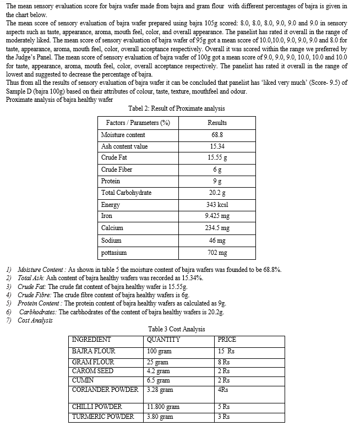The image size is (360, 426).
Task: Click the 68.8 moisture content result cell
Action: tap(217, 135)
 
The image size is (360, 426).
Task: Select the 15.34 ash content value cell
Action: tap(217, 146)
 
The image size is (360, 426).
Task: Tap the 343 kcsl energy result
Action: tap(217, 205)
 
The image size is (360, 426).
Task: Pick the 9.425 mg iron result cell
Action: tap(217, 216)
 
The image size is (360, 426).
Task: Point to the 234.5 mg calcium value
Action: tap(217, 228)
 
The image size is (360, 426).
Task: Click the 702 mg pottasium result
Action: tap(217, 253)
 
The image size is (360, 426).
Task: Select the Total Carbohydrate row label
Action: tap(126, 193)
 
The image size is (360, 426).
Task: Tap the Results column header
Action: tap(217, 123)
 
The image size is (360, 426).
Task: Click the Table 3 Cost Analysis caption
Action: tap(176, 329)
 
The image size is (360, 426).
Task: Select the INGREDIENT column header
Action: tap(91, 340)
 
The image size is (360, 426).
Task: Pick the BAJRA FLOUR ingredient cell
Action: tap(94, 351)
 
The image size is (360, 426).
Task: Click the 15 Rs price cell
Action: tap(226, 351)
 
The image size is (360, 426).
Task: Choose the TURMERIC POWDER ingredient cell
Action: tap(103, 417)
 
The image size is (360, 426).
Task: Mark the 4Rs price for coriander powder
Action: tap(223, 390)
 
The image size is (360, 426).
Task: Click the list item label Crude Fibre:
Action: tap(32, 295)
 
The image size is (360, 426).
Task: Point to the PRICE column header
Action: tap(227, 340)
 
